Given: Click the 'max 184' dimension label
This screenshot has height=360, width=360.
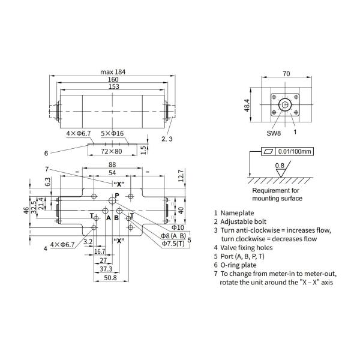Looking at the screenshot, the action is point(113,72).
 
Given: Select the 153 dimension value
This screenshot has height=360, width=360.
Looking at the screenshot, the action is point(114,86).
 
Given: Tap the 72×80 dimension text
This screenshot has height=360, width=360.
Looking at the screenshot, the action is point(112,151).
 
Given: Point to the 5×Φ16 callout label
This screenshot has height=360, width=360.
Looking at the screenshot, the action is point(112,133).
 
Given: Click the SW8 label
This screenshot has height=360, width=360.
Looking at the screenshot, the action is point(274,133).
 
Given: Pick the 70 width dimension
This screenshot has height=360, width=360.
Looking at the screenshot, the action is point(286,74).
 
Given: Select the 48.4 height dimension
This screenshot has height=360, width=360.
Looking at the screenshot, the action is point(247,105).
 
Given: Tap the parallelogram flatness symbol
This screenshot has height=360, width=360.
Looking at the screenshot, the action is point(268,151).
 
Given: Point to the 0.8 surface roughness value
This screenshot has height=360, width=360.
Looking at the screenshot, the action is point(280,166).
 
